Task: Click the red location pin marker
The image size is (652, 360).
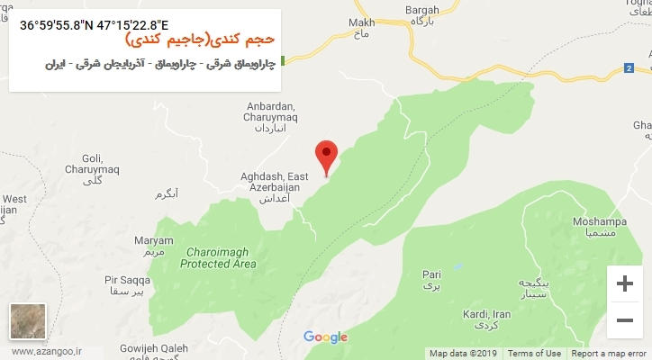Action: point(327,155)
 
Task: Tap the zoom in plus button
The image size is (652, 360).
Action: point(624,283)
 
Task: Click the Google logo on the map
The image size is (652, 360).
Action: point(325,337)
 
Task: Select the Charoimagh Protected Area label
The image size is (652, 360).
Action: point(218,258)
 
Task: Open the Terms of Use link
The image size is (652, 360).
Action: point(534,353)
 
